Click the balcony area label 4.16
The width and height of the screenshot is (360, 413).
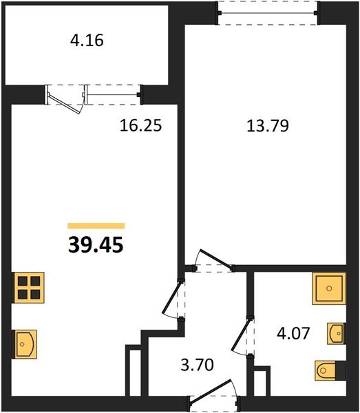coord(87,41)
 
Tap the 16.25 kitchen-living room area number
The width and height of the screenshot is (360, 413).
coord(140,125)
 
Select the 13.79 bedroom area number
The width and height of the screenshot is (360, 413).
coord(268,126)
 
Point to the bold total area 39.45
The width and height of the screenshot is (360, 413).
coord(96,245)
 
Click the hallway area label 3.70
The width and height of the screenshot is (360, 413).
coord(198,366)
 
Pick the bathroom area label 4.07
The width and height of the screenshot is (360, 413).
coord(293,333)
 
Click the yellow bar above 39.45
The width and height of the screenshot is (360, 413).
coord(96,226)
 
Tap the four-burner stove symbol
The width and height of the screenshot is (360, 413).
coord(29,288)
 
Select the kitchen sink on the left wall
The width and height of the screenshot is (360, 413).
coord(25,344)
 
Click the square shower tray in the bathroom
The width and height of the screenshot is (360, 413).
coord(329,288)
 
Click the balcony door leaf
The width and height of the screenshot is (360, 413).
coord(64,104)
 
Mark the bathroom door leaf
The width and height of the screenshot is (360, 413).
coord(240,335)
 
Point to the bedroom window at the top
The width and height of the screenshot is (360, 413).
coord(268,12)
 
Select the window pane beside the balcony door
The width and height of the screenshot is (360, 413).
coord(114,95)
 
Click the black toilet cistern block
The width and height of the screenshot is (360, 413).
coord(341,370)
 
